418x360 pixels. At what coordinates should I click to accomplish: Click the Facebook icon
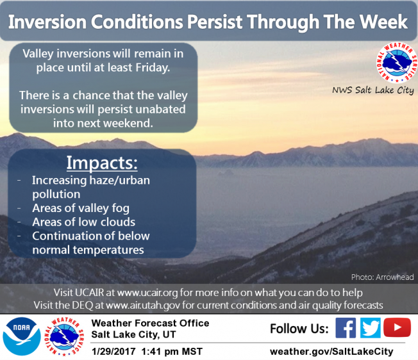point(346,328)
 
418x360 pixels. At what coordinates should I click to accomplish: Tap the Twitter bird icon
point(371,328)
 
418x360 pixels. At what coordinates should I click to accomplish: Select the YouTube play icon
point(397,327)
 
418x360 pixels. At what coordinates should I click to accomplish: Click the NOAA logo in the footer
point(22,336)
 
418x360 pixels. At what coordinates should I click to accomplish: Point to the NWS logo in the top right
point(397,63)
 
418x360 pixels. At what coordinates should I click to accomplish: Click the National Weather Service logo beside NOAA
point(64,336)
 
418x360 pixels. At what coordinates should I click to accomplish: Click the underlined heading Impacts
point(102,163)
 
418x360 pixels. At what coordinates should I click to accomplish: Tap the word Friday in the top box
point(153,68)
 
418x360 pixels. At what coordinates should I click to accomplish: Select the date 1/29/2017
point(113,352)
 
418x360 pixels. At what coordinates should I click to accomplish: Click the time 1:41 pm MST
point(172,352)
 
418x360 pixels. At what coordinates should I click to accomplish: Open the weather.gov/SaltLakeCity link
point(331,352)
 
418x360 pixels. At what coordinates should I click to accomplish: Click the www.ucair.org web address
point(147,293)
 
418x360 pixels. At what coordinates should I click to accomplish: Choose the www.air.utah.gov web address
point(143,305)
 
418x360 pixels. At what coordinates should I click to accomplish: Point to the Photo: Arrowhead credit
point(383,277)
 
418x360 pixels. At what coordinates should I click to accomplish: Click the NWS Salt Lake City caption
point(373,90)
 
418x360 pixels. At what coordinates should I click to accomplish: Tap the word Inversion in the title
point(47,22)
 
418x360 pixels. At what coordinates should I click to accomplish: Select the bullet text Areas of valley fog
point(81,208)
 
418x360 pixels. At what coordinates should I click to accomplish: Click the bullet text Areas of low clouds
point(84,222)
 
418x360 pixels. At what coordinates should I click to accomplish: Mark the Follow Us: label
point(299,329)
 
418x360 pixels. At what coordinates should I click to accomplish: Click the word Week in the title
point(383,22)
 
